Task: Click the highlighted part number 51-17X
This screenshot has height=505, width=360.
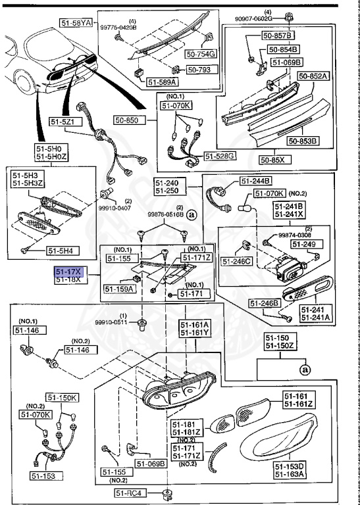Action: [68, 272]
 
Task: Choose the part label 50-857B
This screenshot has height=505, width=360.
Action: [280, 34]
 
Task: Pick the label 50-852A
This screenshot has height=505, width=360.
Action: [313, 76]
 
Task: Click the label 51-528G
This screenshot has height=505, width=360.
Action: [220, 156]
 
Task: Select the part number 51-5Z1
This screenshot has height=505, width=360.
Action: [64, 122]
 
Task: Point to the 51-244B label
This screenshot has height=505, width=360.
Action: [256, 181]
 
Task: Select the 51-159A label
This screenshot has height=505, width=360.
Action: [118, 288]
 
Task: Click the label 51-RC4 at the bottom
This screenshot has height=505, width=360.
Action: [129, 493]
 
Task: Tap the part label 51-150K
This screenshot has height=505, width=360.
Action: [61, 398]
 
